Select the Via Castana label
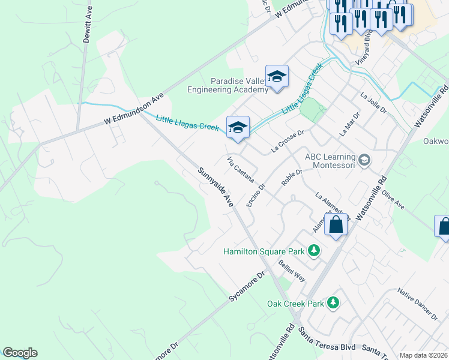click(x=241, y=170)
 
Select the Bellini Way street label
click(x=292, y=272)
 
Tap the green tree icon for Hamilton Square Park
click(x=313, y=250)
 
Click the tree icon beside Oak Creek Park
click(x=334, y=303)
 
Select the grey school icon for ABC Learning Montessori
click(x=364, y=160)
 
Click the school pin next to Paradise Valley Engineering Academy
click(x=277, y=76)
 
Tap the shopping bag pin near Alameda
click(x=336, y=224)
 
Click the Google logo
click(x=20, y=353)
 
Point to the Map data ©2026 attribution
click(x=423, y=355)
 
